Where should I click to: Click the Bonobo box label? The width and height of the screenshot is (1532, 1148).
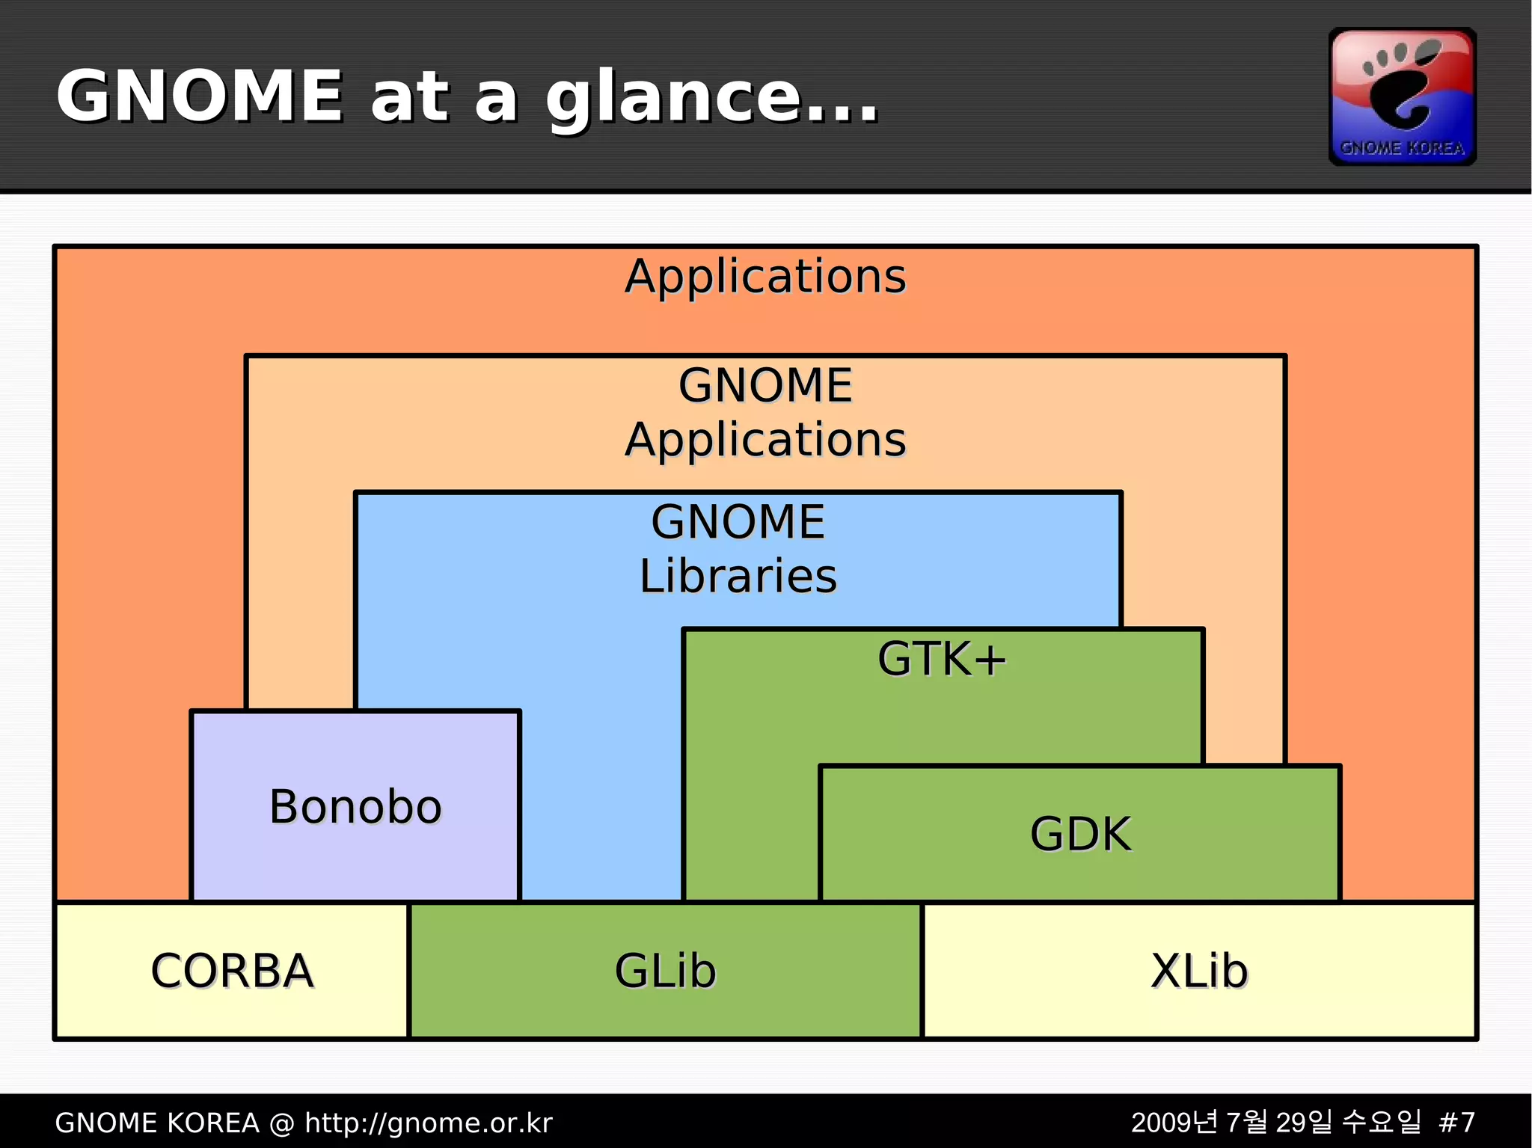(x=355, y=807)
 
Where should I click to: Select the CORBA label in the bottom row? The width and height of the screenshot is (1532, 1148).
(x=232, y=971)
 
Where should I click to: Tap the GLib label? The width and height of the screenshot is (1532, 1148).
(x=665, y=971)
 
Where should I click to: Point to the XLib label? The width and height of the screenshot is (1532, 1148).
(x=1199, y=971)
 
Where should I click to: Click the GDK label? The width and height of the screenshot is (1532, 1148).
(x=1080, y=834)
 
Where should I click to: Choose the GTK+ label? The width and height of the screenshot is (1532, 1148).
(x=942, y=659)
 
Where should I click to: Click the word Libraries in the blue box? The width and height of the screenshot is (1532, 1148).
(x=738, y=576)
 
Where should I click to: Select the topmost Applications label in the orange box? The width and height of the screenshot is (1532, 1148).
(x=765, y=276)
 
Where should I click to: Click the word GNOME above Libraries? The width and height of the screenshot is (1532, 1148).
(x=738, y=521)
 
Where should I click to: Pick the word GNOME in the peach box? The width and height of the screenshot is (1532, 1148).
(x=765, y=385)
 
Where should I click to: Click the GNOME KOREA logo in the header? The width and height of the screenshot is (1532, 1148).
(x=1402, y=96)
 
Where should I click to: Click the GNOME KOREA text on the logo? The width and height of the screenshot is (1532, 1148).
(x=1402, y=147)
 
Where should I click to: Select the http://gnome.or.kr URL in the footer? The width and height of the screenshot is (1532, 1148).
(x=428, y=1123)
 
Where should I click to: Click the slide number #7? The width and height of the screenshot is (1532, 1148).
(x=1456, y=1123)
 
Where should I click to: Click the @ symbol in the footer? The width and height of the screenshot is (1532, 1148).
(x=281, y=1123)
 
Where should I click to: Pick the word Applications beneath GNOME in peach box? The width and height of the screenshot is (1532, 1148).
(x=765, y=439)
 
